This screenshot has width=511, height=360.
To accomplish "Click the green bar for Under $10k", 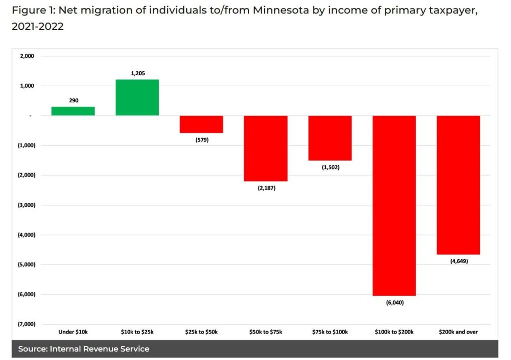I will tap(73, 111).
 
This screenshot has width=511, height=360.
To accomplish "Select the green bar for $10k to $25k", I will tap(137, 98).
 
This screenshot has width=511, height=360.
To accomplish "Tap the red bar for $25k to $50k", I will tap(202, 124).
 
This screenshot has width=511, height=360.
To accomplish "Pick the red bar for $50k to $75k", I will tap(265, 148).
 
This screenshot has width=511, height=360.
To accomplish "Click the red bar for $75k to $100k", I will tap(330, 138).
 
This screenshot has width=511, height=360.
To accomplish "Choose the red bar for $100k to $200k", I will tap(394, 205).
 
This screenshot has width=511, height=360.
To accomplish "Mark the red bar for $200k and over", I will tap(459, 185).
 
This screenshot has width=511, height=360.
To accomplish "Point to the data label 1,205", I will tap(137, 73).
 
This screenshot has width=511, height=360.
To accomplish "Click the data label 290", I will tap(73, 101).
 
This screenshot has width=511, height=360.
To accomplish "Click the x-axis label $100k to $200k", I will tap(394, 332).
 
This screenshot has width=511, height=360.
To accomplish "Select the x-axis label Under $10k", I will tap(73, 332).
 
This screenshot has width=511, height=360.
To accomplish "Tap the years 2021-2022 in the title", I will tap(38, 27).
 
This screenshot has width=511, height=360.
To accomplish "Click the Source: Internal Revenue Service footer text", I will tap(84, 349).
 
